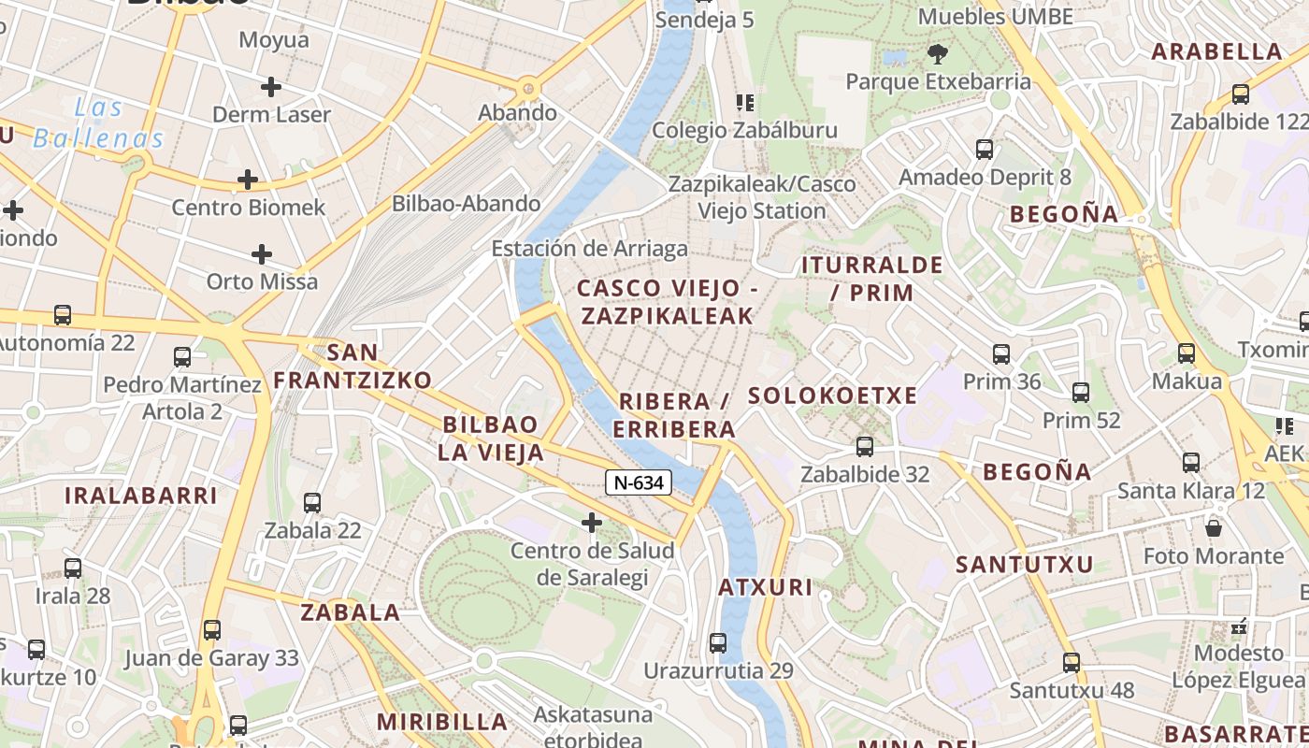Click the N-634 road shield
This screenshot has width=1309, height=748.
click(x=640, y=482)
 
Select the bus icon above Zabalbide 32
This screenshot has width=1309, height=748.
click(x=865, y=447)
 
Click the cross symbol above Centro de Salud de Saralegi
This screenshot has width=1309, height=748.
click(x=592, y=522)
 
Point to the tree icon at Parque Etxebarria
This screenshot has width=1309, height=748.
click(x=938, y=54)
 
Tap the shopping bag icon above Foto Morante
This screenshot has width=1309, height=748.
click(x=1214, y=528)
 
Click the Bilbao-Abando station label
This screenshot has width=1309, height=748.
click(x=466, y=203)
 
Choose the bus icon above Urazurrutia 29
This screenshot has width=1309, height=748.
click(x=718, y=643)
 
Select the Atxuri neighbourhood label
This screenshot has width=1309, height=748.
click(x=765, y=588)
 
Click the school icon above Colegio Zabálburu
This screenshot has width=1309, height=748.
click(x=744, y=102)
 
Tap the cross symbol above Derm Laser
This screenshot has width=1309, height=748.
click(x=271, y=88)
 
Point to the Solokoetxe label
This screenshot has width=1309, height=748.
click(x=832, y=396)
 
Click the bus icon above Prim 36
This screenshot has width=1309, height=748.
click(x=1001, y=354)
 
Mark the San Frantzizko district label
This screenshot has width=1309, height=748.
click(x=352, y=367)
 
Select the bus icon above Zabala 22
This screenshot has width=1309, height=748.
click(x=312, y=503)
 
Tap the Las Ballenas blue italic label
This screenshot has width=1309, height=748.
click(x=99, y=123)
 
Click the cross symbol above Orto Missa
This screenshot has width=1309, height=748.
click(x=262, y=253)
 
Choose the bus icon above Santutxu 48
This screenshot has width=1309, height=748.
click(x=1072, y=663)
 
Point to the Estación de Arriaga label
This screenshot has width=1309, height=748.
click(x=589, y=249)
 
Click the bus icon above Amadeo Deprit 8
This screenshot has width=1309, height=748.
click(x=985, y=150)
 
